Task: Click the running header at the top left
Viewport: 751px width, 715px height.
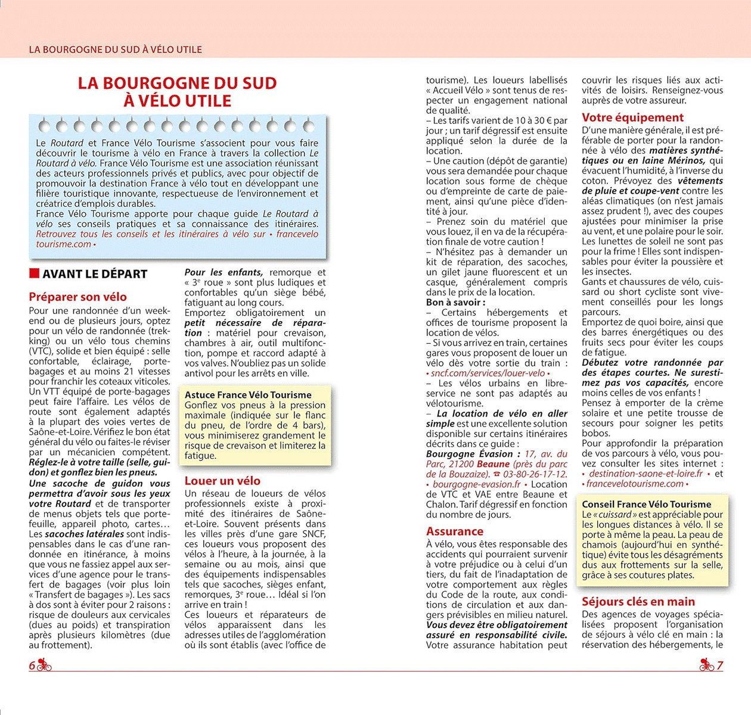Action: (x=115, y=49)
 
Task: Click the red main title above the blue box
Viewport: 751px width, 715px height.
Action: (x=178, y=92)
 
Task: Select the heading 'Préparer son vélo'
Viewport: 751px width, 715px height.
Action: (x=77, y=297)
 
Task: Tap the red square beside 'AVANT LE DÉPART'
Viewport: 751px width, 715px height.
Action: (x=34, y=273)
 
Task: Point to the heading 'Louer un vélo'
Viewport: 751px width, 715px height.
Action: (x=222, y=481)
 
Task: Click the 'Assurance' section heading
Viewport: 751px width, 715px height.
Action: (x=455, y=531)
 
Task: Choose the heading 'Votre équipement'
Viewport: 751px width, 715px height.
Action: (x=633, y=117)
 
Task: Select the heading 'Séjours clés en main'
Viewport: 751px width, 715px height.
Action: (x=638, y=602)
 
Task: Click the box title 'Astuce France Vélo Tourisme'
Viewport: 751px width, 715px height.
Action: (x=248, y=395)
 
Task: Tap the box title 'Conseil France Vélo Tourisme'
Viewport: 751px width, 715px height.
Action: (x=647, y=504)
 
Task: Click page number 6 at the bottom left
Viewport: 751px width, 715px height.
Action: (x=32, y=666)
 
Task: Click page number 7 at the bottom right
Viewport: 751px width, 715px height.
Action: (x=720, y=666)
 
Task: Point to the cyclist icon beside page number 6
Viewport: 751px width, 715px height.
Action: (x=45, y=665)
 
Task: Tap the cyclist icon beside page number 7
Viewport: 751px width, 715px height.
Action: (x=707, y=665)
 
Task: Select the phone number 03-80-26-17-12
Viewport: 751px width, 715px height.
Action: (x=535, y=474)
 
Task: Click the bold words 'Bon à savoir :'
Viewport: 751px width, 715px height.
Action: (x=455, y=302)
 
